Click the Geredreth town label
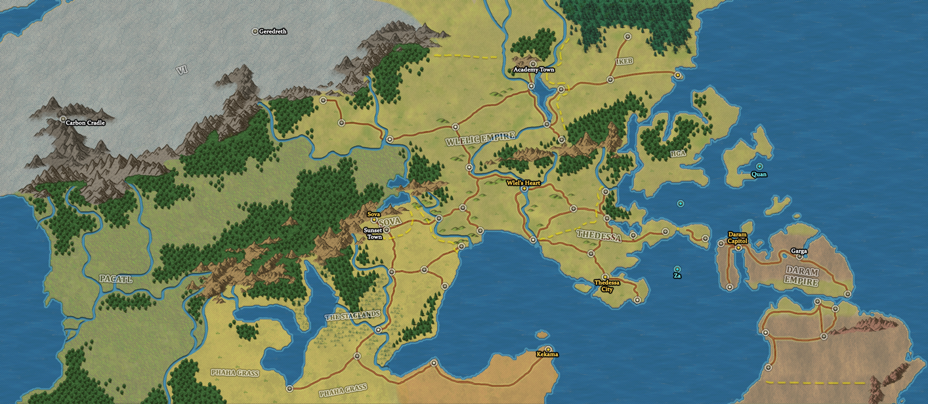[273, 31]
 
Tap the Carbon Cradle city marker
[63, 119]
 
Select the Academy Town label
[534, 70]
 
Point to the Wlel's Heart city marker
[524, 189]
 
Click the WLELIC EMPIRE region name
[480, 140]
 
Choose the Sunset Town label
[373, 233]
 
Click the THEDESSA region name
[599, 236]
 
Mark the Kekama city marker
[547, 348]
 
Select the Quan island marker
[759, 167]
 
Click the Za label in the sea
[677, 276]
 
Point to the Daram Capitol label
[738, 237]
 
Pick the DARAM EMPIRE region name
[801, 277]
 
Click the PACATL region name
[116, 279]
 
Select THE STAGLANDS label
[352, 315]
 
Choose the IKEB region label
[625, 61]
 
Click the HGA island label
[678, 153]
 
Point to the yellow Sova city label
[373, 214]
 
